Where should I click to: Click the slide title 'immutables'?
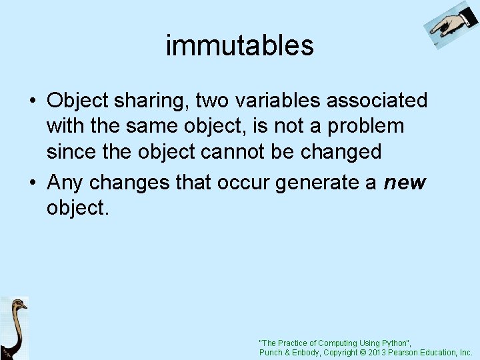(x=239, y=45)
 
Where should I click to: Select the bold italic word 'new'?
(x=405, y=182)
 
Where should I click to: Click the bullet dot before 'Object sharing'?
(x=32, y=101)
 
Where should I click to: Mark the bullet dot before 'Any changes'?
(x=32, y=182)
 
